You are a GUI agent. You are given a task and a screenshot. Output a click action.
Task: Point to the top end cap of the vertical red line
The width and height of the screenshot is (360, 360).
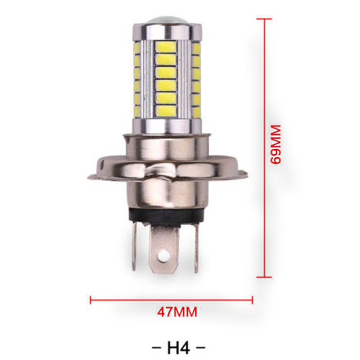264,19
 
